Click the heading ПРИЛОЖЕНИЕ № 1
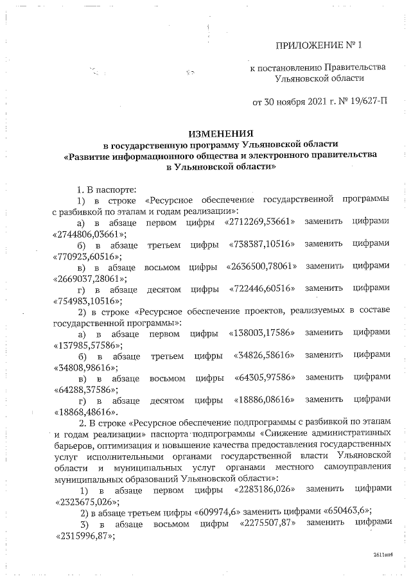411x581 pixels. click(319, 46)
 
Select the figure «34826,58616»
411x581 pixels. click(261, 356)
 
